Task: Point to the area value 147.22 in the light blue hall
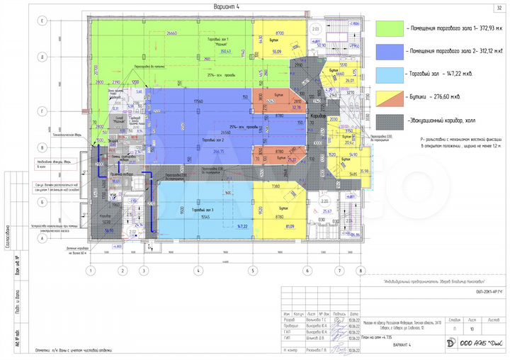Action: click(246, 227)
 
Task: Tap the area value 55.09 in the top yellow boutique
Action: click(278, 52)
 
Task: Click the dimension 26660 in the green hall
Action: click(171, 33)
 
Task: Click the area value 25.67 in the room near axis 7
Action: click(327, 211)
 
